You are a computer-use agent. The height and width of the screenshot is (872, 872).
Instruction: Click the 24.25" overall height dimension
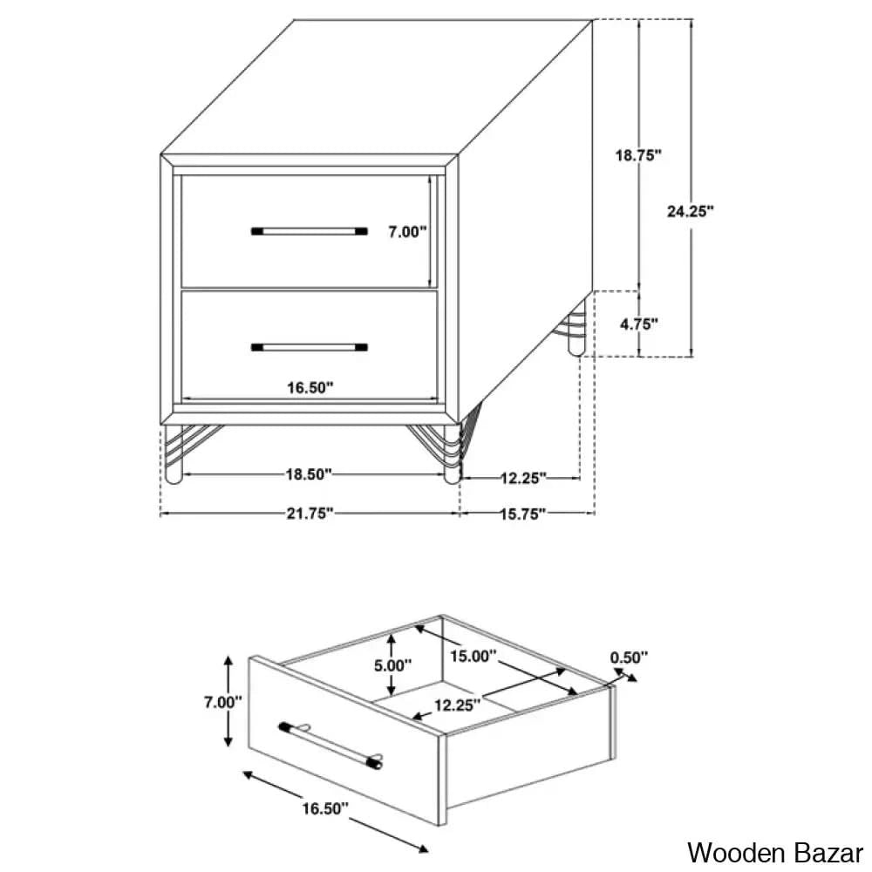click(690, 211)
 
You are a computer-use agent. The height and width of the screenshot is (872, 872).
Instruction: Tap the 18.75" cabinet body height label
click(638, 155)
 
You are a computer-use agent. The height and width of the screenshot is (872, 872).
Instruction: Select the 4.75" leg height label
click(639, 324)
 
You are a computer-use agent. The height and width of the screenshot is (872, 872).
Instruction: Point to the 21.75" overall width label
click(310, 514)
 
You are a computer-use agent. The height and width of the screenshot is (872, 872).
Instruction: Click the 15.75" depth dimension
click(522, 514)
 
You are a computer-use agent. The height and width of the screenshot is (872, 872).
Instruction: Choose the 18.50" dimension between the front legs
click(309, 474)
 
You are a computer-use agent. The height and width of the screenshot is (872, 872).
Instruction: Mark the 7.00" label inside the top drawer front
click(407, 232)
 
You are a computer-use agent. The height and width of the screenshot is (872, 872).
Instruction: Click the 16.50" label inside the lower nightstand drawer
click(310, 388)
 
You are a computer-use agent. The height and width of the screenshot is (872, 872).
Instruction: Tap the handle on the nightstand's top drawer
click(310, 231)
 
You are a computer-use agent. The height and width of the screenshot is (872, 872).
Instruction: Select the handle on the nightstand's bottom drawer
click(310, 348)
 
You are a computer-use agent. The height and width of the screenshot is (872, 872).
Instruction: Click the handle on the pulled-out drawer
click(330, 745)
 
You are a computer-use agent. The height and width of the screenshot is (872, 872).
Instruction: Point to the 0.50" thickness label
click(629, 657)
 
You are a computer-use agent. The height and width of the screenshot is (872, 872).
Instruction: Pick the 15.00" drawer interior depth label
click(473, 657)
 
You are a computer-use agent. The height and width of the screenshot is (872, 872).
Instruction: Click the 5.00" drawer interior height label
click(392, 665)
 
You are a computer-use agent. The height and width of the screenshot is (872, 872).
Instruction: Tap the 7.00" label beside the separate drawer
click(222, 702)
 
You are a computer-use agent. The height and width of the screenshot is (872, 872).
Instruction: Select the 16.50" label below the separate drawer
click(325, 808)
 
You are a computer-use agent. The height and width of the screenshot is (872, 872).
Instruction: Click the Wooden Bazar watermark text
click(774, 853)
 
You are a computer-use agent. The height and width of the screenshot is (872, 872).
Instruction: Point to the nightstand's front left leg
click(174, 453)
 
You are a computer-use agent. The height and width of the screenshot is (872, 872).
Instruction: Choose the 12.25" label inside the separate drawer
click(457, 705)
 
